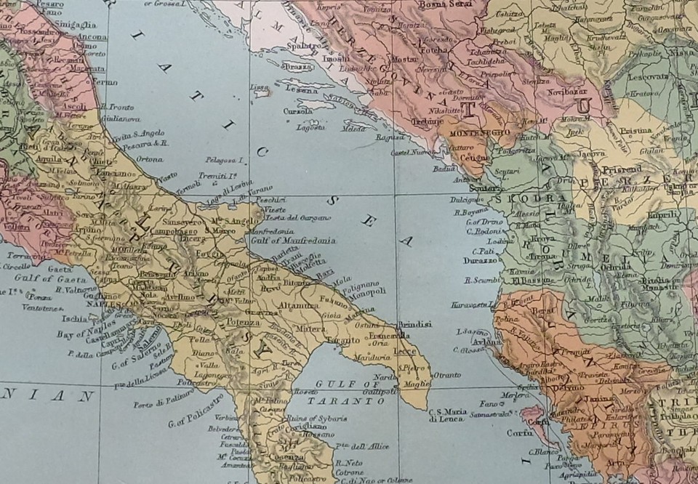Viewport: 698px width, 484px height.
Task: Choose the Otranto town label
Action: (x=446, y=374)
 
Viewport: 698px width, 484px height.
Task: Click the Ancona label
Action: (x=89, y=37)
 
